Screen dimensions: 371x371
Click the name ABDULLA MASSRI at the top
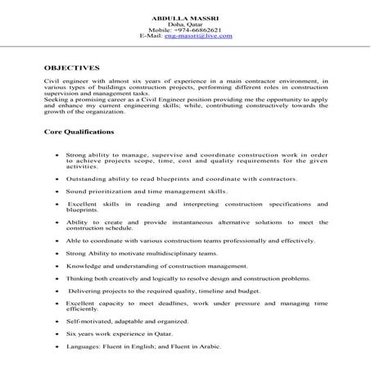point(186,18)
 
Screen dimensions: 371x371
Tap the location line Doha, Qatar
point(185,25)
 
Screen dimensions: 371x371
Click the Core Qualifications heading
point(79,132)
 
